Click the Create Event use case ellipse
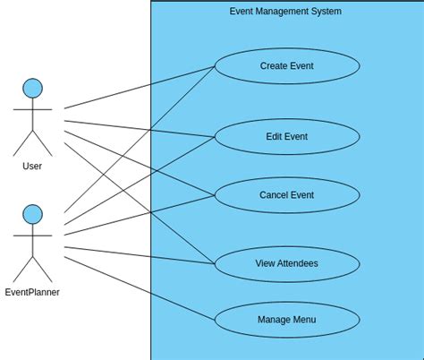coord(286,66)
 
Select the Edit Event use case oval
coord(286,137)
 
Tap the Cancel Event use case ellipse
coord(286,195)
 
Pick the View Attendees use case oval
coord(286,264)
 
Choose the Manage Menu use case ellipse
coord(286,320)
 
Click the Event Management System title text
coord(285,12)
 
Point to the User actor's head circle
coord(32,88)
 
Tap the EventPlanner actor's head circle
coord(32,214)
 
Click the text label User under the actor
coord(32,166)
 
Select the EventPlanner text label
coord(32,292)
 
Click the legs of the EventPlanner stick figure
coord(32,268)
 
